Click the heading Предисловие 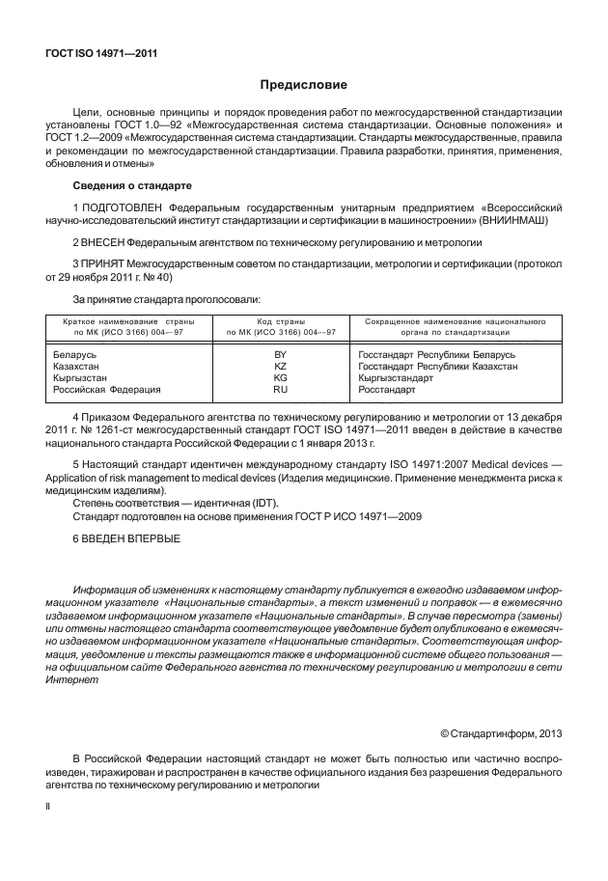[x=303, y=85]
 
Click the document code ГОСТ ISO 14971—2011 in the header [x=101, y=54]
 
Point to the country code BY [x=281, y=355]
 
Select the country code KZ [x=281, y=367]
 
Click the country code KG [x=281, y=378]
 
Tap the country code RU [x=281, y=390]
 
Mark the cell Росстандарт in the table [x=387, y=390]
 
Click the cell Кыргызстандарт [x=396, y=378]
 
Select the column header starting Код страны [x=281, y=325]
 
